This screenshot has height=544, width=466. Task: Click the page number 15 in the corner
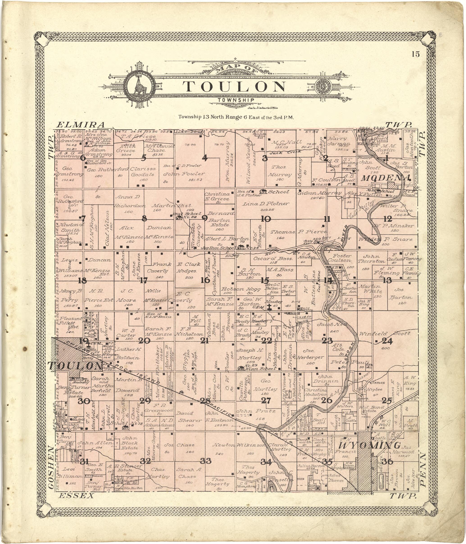click(x=416, y=54)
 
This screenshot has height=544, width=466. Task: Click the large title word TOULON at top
click(x=234, y=87)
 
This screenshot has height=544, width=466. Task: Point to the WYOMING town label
click(x=370, y=446)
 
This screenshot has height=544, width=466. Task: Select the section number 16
click(x=205, y=280)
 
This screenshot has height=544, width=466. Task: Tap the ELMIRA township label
click(x=81, y=125)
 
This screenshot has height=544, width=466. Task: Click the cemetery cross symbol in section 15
click(x=269, y=307)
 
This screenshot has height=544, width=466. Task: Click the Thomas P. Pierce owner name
click(x=299, y=232)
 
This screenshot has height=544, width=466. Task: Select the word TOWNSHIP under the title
click(x=236, y=100)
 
